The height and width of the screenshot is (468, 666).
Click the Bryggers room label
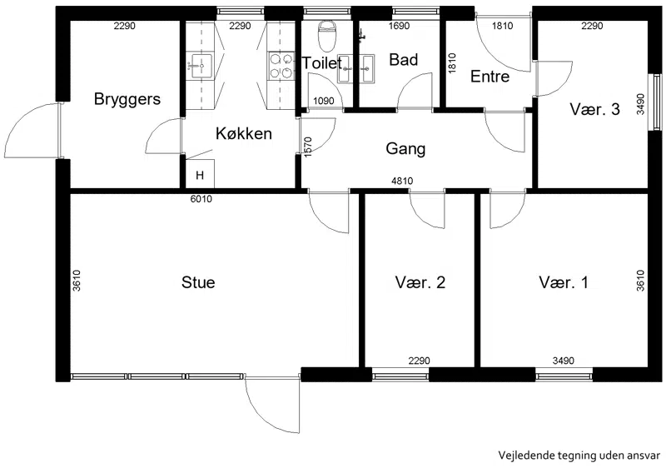coord(127,99)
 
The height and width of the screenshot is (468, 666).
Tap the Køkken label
coord(244,133)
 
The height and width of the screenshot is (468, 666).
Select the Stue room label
coord(198,282)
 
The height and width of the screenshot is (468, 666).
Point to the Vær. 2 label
coord(420,282)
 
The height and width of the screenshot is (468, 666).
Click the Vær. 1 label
coord(564,282)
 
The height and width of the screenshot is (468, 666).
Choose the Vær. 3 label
coord(594,110)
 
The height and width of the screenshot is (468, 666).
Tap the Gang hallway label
coord(405,149)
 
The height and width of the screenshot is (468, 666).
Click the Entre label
coord(490,77)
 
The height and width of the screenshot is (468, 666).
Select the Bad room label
coord(403,60)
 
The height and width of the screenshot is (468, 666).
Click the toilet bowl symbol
coord(327,33)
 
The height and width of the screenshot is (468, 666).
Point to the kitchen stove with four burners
coord(281,66)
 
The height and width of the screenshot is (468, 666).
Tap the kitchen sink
coord(201,66)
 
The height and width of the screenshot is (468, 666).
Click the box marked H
coord(200,174)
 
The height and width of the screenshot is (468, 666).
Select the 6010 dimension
coord(201,199)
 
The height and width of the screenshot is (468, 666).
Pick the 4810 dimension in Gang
coord(402,182)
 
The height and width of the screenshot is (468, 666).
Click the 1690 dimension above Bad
coord(400,27)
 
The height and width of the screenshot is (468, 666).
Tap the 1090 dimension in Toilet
coord(324,102)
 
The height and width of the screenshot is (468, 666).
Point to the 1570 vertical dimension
coord(309,147)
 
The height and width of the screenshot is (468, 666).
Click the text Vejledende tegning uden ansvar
coord(579,456)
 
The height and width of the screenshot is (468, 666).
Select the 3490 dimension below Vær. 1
coord(564,361)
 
